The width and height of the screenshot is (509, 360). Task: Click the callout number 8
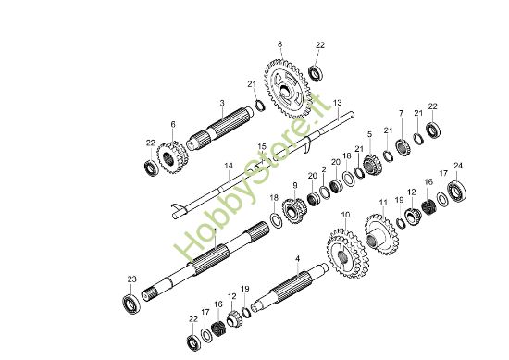point(279,43)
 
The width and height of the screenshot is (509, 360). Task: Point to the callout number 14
point(228,167)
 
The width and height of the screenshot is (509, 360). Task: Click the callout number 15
point(262,146)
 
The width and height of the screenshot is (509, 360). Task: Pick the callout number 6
point(172,124)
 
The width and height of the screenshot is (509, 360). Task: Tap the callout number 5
point(370,134)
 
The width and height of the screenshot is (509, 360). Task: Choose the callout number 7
point(401,113)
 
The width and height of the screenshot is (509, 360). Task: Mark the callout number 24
point(457,167)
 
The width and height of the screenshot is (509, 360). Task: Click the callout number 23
point(131,279)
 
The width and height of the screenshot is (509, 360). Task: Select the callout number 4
point(297,258)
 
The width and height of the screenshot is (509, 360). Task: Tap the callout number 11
point(383,202)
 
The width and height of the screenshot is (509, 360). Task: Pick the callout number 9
point(294,187)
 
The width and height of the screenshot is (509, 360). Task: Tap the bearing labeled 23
point(131,300)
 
